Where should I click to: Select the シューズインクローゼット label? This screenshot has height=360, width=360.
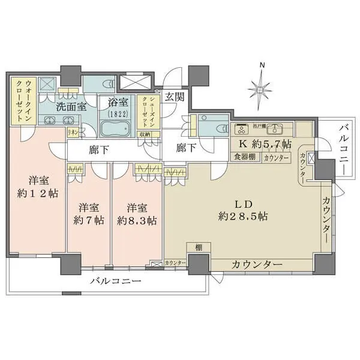(x=145, y=109)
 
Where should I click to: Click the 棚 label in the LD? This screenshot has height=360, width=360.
(x=197, y=247)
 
